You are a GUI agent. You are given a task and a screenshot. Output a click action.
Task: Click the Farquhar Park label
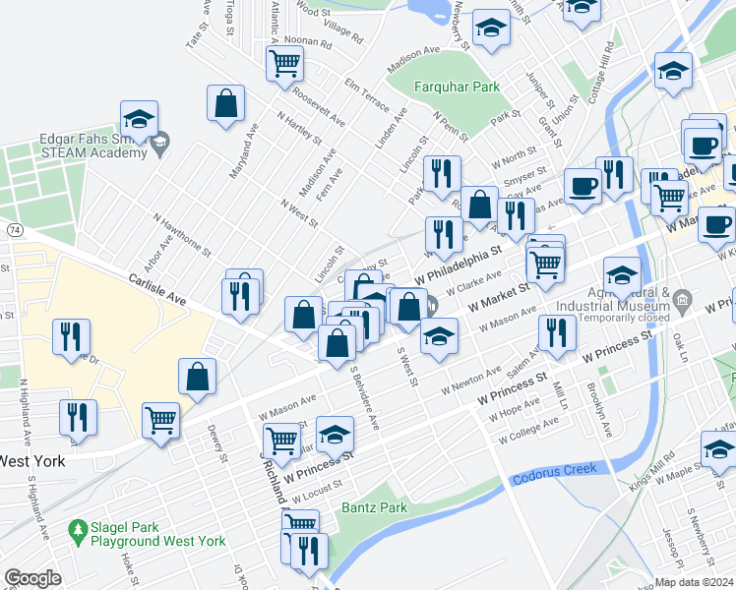(x=458, y=88)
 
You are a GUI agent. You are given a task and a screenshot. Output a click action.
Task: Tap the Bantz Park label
(x=374, y=508)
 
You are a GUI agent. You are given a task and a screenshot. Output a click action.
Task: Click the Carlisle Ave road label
(x=157, y=291)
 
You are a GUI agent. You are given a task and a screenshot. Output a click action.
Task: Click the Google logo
(x=32, y=578)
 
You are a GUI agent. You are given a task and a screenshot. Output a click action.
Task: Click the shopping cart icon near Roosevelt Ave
(x=284, y=65)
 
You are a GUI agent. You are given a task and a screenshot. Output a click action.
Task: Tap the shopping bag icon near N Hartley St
(x=226, y=103)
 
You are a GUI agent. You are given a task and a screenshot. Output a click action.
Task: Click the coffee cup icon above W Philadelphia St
(x=583, y=185)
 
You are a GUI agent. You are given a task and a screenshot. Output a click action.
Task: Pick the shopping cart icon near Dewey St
(x=161, y=420)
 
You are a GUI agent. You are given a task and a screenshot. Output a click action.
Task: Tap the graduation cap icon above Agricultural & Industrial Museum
(x=624, y=278)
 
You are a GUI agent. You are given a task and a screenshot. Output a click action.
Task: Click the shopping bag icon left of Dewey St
(x=198, y=376)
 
